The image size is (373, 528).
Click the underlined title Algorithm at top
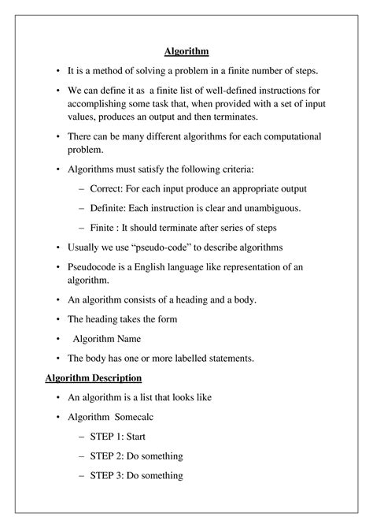pos(186,52)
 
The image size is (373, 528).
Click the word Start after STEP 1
pos(153,436)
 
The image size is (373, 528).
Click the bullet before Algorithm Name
pos(59,339)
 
